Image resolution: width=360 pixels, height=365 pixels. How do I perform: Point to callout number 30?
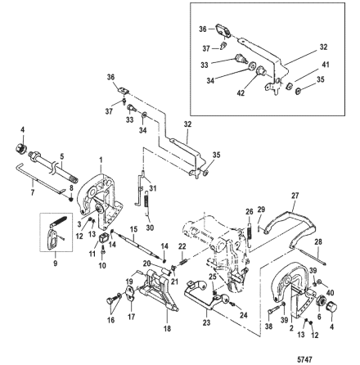click(147, 228)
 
